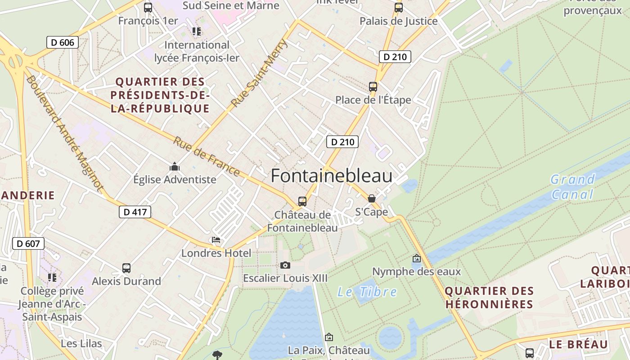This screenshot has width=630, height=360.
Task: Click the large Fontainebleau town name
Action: pyautogui.click(x=332, y=176)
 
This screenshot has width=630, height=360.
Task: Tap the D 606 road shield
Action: pyautogui.click(x=63, y=43)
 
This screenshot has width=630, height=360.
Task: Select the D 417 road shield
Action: pyautogui.click(x=135, y=212)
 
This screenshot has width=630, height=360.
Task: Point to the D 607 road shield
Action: pyautogui.click(x=28, y=244)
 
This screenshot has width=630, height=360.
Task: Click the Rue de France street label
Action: pyautogui.click(x=207, y=156)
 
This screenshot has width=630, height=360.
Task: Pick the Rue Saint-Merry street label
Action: pyautogui.click(x=259, y=73)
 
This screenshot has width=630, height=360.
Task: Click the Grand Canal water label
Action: pyautogui.click(x=572, y=187)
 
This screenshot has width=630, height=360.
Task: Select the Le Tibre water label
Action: pyautogui.click(x=367, y=292)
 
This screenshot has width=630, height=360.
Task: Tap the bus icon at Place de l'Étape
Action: pyautogui.click(x=373, y=86)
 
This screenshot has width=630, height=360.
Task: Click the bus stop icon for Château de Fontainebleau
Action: pyautogui.click(x=302, y=201)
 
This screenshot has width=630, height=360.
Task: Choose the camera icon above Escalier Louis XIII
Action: pyautogui.click(x=285, y=265)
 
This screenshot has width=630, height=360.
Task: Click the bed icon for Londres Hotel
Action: pyautogui.click(x=216, y=240)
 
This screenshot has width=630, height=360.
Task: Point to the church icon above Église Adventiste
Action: pyautogui.click(x=175, y=167)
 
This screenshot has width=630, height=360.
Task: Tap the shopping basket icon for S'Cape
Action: pyautogui.click(x=372, y=198)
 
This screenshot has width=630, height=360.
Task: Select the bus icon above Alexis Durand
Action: pyautogui.click(x=126, y=268)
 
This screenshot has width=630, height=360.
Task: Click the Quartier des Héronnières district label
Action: pyautogui.click(x=489, y=297)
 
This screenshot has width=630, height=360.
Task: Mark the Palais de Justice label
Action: pyautogui.click(x=398, y=21)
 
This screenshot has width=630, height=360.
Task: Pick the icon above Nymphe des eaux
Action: pyautogui.click(x=417, y=258)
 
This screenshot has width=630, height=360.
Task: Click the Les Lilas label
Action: pyautogui.click(x=81, y=343)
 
